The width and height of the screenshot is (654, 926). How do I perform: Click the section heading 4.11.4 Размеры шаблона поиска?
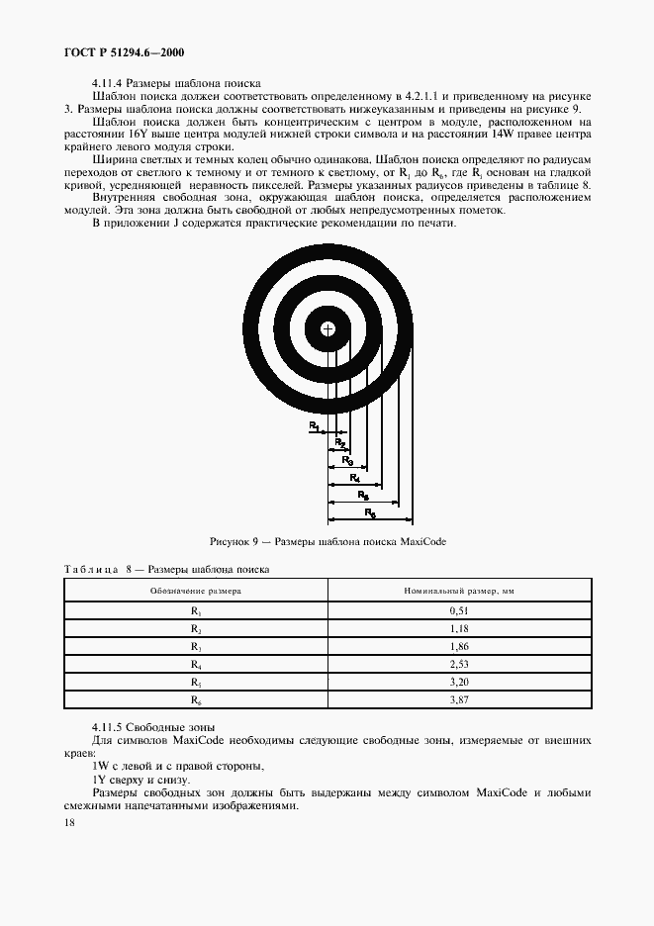tap(174, 82)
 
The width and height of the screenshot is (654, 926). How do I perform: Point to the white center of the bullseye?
tap(327, 328)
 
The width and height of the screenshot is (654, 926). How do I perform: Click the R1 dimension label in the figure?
tap(314, 425)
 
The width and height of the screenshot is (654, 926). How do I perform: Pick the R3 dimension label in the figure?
tap(347, 459)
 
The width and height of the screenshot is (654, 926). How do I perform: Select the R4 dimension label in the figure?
tap(355, 477)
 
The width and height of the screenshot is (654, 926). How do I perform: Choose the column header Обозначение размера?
tap(196, 590)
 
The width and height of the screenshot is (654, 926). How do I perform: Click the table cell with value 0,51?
tap(458, 610)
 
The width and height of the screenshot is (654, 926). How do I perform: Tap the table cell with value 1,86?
tap(458, 646)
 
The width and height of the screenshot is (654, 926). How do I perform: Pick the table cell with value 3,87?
tap(458, 699)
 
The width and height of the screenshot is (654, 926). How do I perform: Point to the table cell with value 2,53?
tap(458, 664)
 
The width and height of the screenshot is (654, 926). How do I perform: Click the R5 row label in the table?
tap(196, 682)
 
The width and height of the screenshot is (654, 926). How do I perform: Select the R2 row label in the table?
tap(196, 628)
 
